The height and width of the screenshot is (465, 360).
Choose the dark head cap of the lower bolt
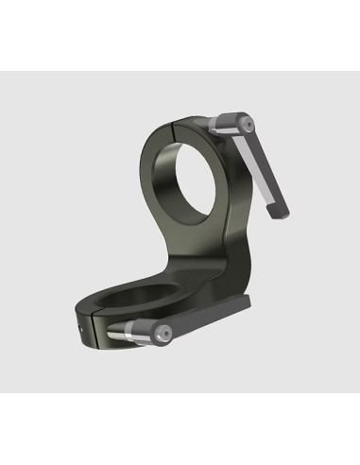(163, 333)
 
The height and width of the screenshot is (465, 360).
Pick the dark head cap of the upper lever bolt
(246, 123)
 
